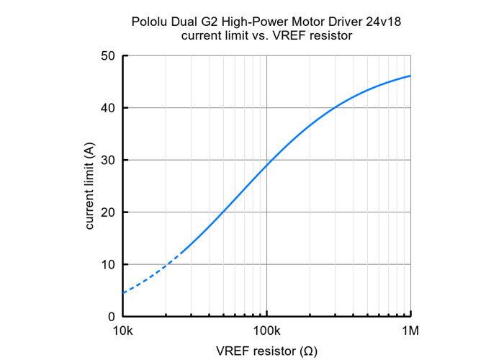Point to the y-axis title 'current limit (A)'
coord(90,186)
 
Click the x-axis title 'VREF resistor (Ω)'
coord(266,351)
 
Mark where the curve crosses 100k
coord(267,165)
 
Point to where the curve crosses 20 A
coord(223,212)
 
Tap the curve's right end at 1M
coord(410,76)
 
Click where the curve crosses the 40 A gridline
coord(336,108)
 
